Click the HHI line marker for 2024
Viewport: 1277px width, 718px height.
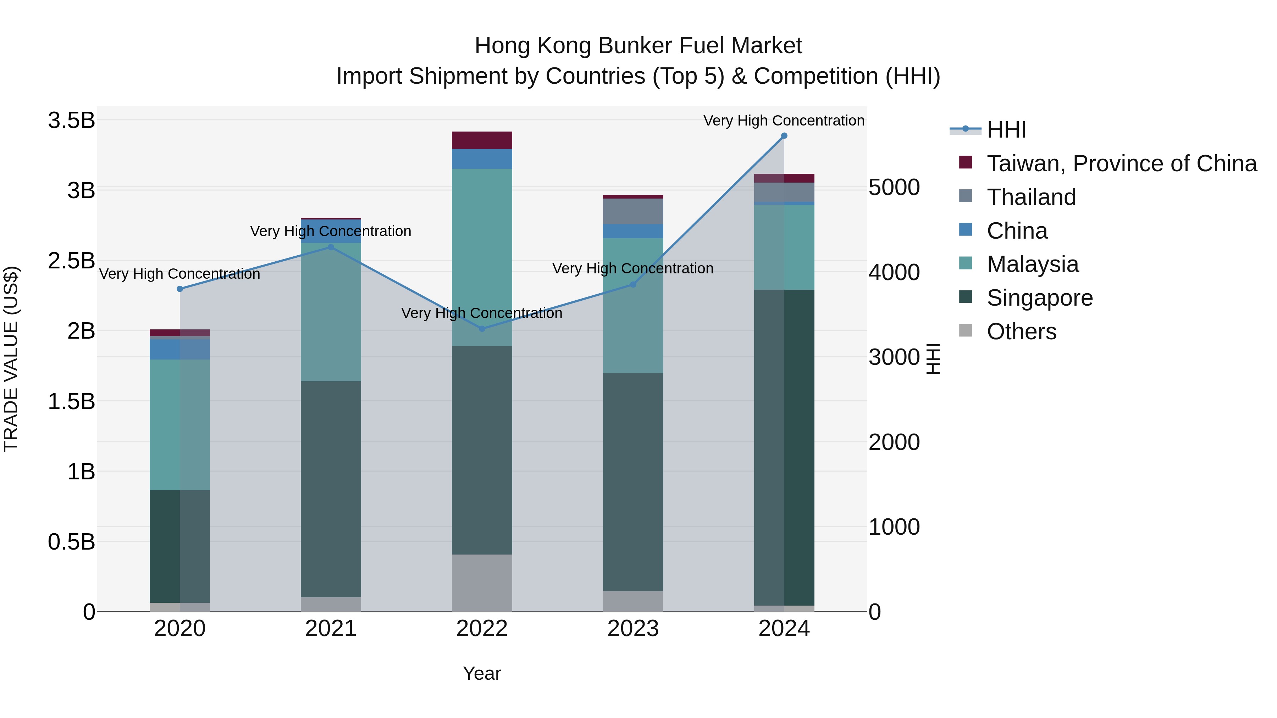(784, 136)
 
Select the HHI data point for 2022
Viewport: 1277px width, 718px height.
(482, 329)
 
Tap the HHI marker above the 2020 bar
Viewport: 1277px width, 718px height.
(180, 289)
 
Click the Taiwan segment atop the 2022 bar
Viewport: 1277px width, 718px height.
(482, 140)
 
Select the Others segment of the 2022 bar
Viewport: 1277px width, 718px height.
(482, 582)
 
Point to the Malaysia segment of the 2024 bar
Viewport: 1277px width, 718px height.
(784, 247)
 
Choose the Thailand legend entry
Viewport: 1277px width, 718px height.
(1031, 197)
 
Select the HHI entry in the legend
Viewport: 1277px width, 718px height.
(1006, 130)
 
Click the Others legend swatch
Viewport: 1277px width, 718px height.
(966, 330)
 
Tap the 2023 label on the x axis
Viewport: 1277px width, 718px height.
(633, 629)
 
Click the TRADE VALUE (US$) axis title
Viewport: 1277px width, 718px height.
(11, 359)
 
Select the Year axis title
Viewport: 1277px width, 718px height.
(482, 673)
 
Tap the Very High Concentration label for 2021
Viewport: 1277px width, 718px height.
(331, 232)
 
